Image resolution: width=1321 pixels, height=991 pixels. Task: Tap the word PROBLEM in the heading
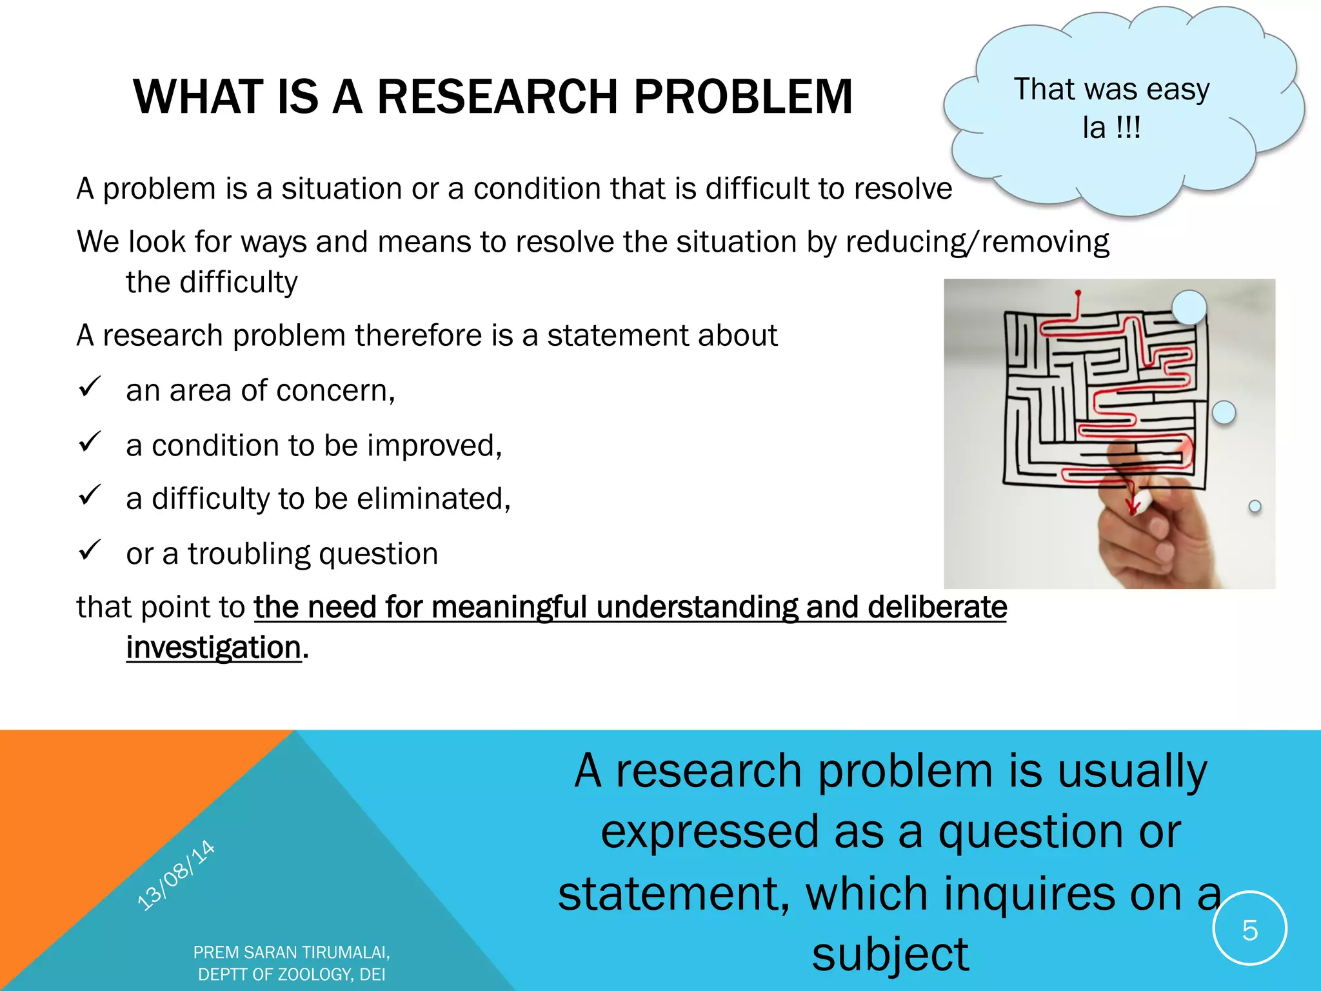[x=742, y=97]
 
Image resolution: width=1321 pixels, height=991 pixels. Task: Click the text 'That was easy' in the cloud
[x=1111, y=89]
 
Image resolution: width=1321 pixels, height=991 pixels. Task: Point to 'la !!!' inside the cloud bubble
[x=1111, y=127]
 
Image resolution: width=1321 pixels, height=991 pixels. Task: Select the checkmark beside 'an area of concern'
[x=89, y=386]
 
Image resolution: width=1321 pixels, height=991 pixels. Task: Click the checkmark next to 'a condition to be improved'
[x=89, y=441]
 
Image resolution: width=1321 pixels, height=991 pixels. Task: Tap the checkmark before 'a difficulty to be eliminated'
[x=89, y=495]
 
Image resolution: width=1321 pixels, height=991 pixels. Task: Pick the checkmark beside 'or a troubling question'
[x=89, y=550]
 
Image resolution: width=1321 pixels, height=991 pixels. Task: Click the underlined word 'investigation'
[x=214, y=647]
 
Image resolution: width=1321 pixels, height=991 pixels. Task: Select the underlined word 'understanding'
[x=697, y=607]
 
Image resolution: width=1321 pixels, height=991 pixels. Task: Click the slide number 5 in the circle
[x=1249, y=930]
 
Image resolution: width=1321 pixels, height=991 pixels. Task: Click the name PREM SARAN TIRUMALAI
[x=292, y=952]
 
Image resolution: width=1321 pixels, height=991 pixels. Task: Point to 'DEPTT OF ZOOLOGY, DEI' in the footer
[x=292, y=974]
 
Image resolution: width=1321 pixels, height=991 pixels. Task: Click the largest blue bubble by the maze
[x=1189, y=307]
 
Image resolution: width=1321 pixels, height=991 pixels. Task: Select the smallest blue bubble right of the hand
[x=1255, y=506]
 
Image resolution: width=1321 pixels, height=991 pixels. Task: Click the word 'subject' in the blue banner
[x=889, y=954]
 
